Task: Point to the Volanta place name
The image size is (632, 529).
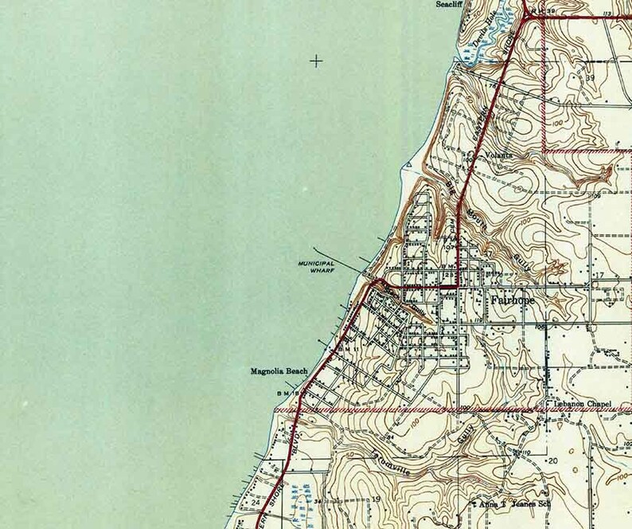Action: tap(494, 155)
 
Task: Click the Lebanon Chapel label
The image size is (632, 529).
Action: tap(582, 405)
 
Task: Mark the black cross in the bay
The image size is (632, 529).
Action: tap(317, 61)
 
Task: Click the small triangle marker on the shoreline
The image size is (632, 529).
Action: tap(408, 166)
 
